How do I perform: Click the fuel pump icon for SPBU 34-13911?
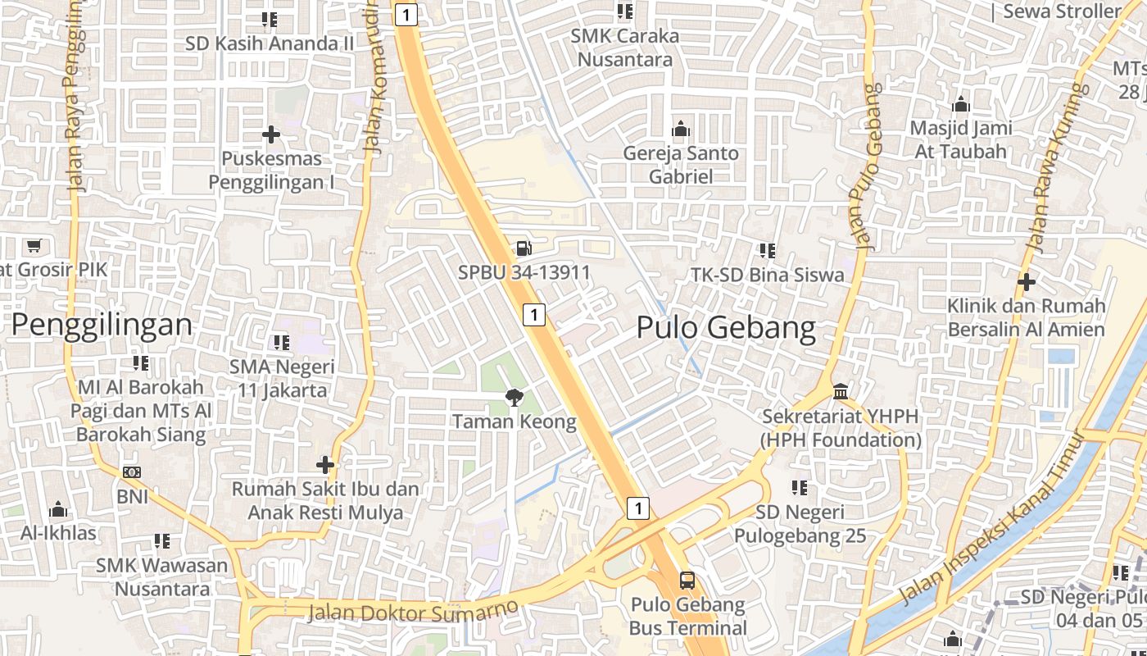[x=523, y=247]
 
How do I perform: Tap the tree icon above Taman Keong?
[x=515, y=398]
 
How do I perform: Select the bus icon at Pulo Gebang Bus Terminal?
[x=687, y=581]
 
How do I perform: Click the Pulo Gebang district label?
[x=726, y=328]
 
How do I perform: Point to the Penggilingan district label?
[x=102, y=325]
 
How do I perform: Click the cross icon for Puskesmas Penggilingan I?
[x=271, y=134]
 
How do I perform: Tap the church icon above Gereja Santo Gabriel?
[x=680, y=129]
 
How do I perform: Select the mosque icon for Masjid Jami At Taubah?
[x=961, y=104]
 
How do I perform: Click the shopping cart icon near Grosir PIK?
[x=34, y=245]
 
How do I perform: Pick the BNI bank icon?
[x=132, y=472]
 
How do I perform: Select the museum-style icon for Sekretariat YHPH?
[x=841, y=390]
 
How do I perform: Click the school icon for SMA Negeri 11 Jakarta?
[x=282, y=342]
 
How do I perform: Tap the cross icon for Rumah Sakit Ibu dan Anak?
[x=325, y=465]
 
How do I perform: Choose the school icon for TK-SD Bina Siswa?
[x=767, y=250]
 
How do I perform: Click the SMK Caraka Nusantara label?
[x=625, y=48]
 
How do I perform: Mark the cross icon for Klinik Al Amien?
[x=1026, y=282]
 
